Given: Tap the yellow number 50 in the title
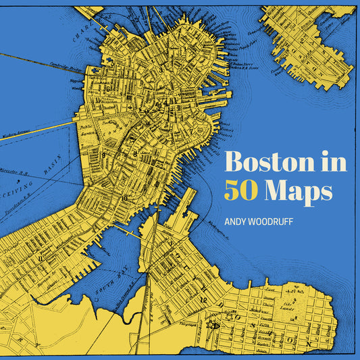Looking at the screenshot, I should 242,190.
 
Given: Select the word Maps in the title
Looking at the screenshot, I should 299,192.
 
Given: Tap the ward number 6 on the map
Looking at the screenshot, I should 107,88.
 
